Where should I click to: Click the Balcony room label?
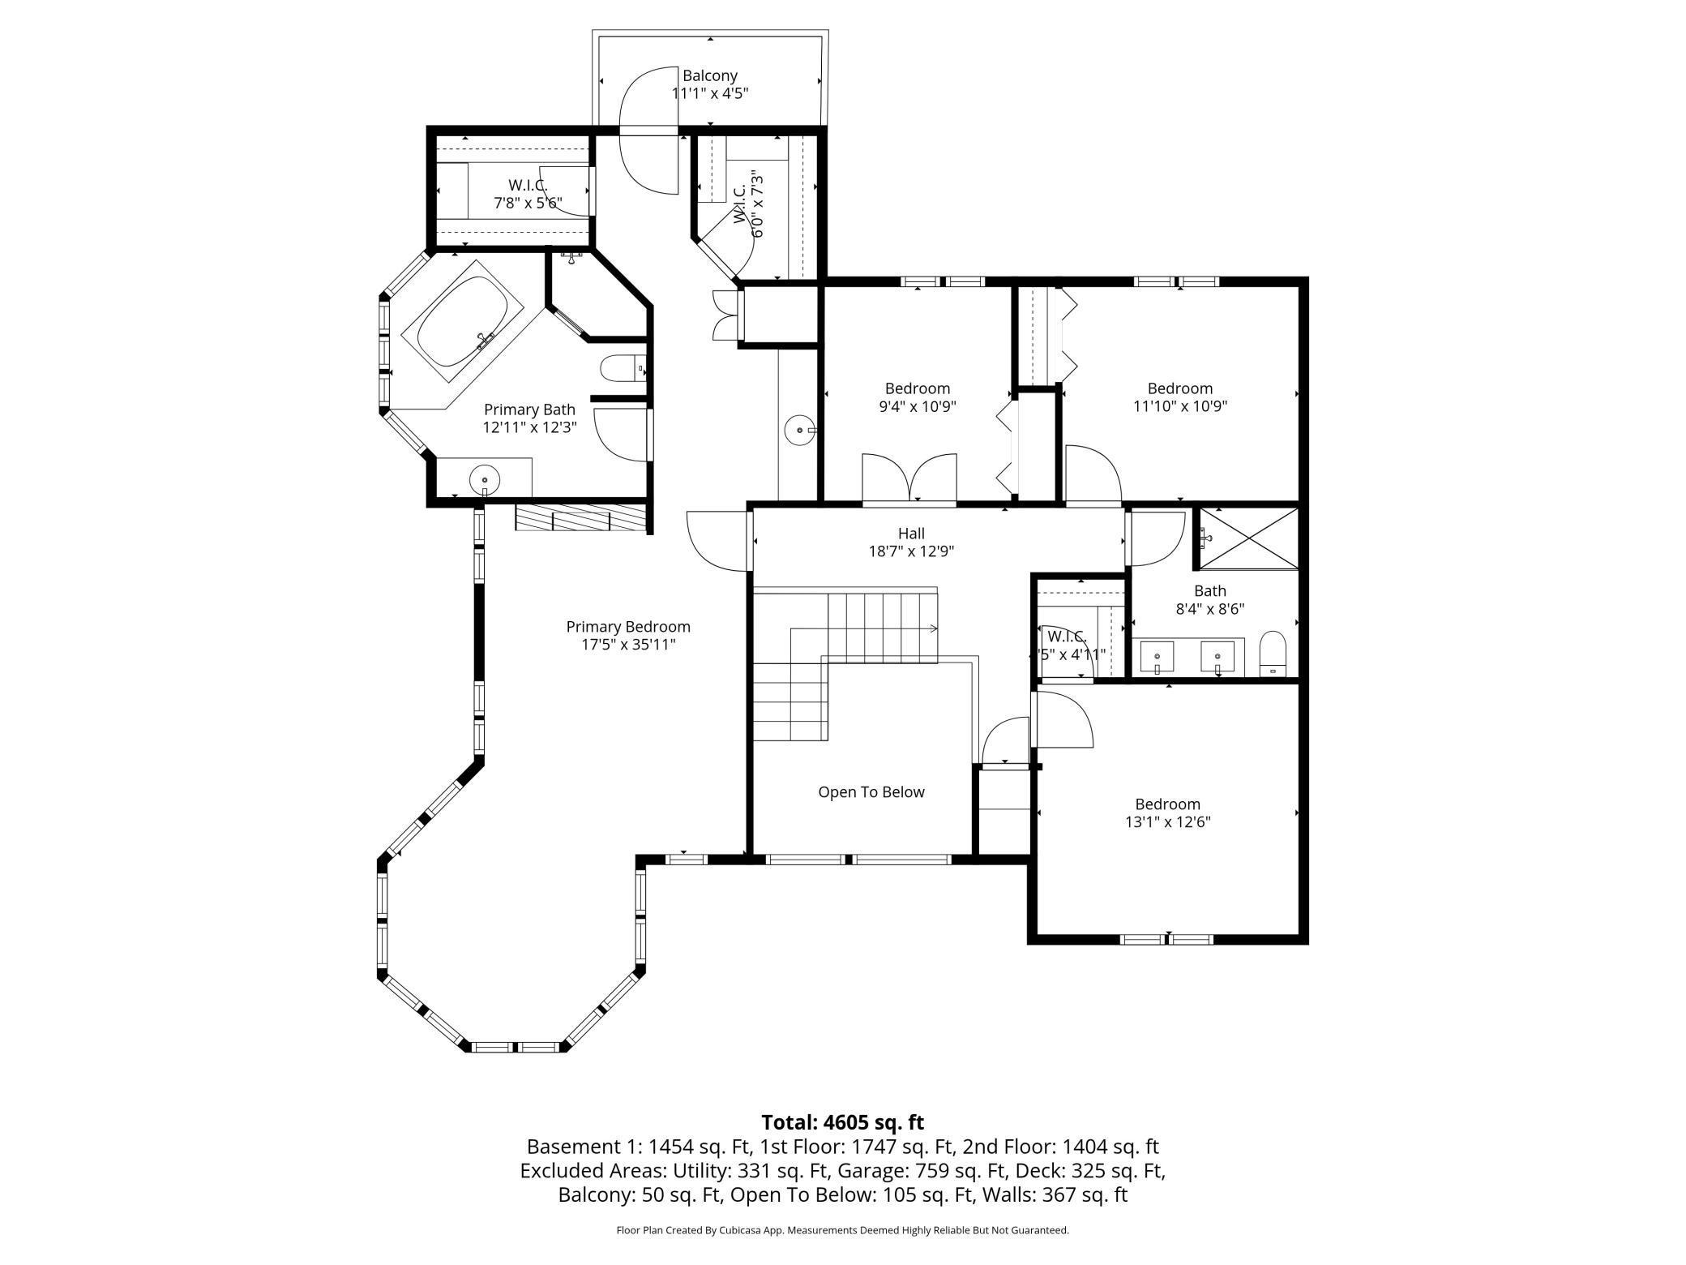click(709, 75)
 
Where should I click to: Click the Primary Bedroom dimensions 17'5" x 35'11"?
click(628, 645)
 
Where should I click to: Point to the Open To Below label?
click(871, 792)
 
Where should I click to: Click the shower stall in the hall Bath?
click(1248, 538)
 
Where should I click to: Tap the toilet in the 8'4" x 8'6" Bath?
click(1273, 654)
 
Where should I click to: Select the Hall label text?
click(911, 534)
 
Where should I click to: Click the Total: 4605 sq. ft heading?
click(842, 1122)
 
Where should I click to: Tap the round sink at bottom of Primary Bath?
click(485, 481)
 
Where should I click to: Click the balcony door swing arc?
click(648, 131)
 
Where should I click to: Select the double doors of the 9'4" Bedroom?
click(909, 479)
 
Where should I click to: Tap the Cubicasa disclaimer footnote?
click(842, 1230)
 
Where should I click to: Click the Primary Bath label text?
click(529, 410)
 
